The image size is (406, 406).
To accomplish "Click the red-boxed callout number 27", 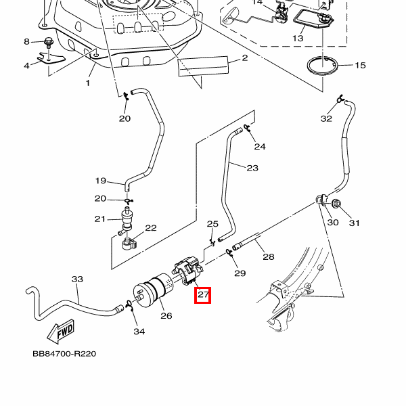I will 203,295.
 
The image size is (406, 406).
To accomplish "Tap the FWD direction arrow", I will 60,332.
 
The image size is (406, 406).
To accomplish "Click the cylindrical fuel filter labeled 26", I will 158,292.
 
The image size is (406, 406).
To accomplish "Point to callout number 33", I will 77,279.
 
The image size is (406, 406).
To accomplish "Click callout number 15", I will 360,66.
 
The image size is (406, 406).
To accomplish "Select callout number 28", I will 268,257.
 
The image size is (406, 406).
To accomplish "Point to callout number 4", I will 27,66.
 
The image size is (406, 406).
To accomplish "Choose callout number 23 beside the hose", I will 252,168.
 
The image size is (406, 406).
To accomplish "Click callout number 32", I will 327,118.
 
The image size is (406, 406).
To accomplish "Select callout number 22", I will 150,228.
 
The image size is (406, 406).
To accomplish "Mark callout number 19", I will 100,181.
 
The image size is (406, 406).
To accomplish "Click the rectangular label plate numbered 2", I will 202,66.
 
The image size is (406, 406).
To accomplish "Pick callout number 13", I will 298,39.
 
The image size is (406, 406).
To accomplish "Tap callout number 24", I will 260,146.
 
